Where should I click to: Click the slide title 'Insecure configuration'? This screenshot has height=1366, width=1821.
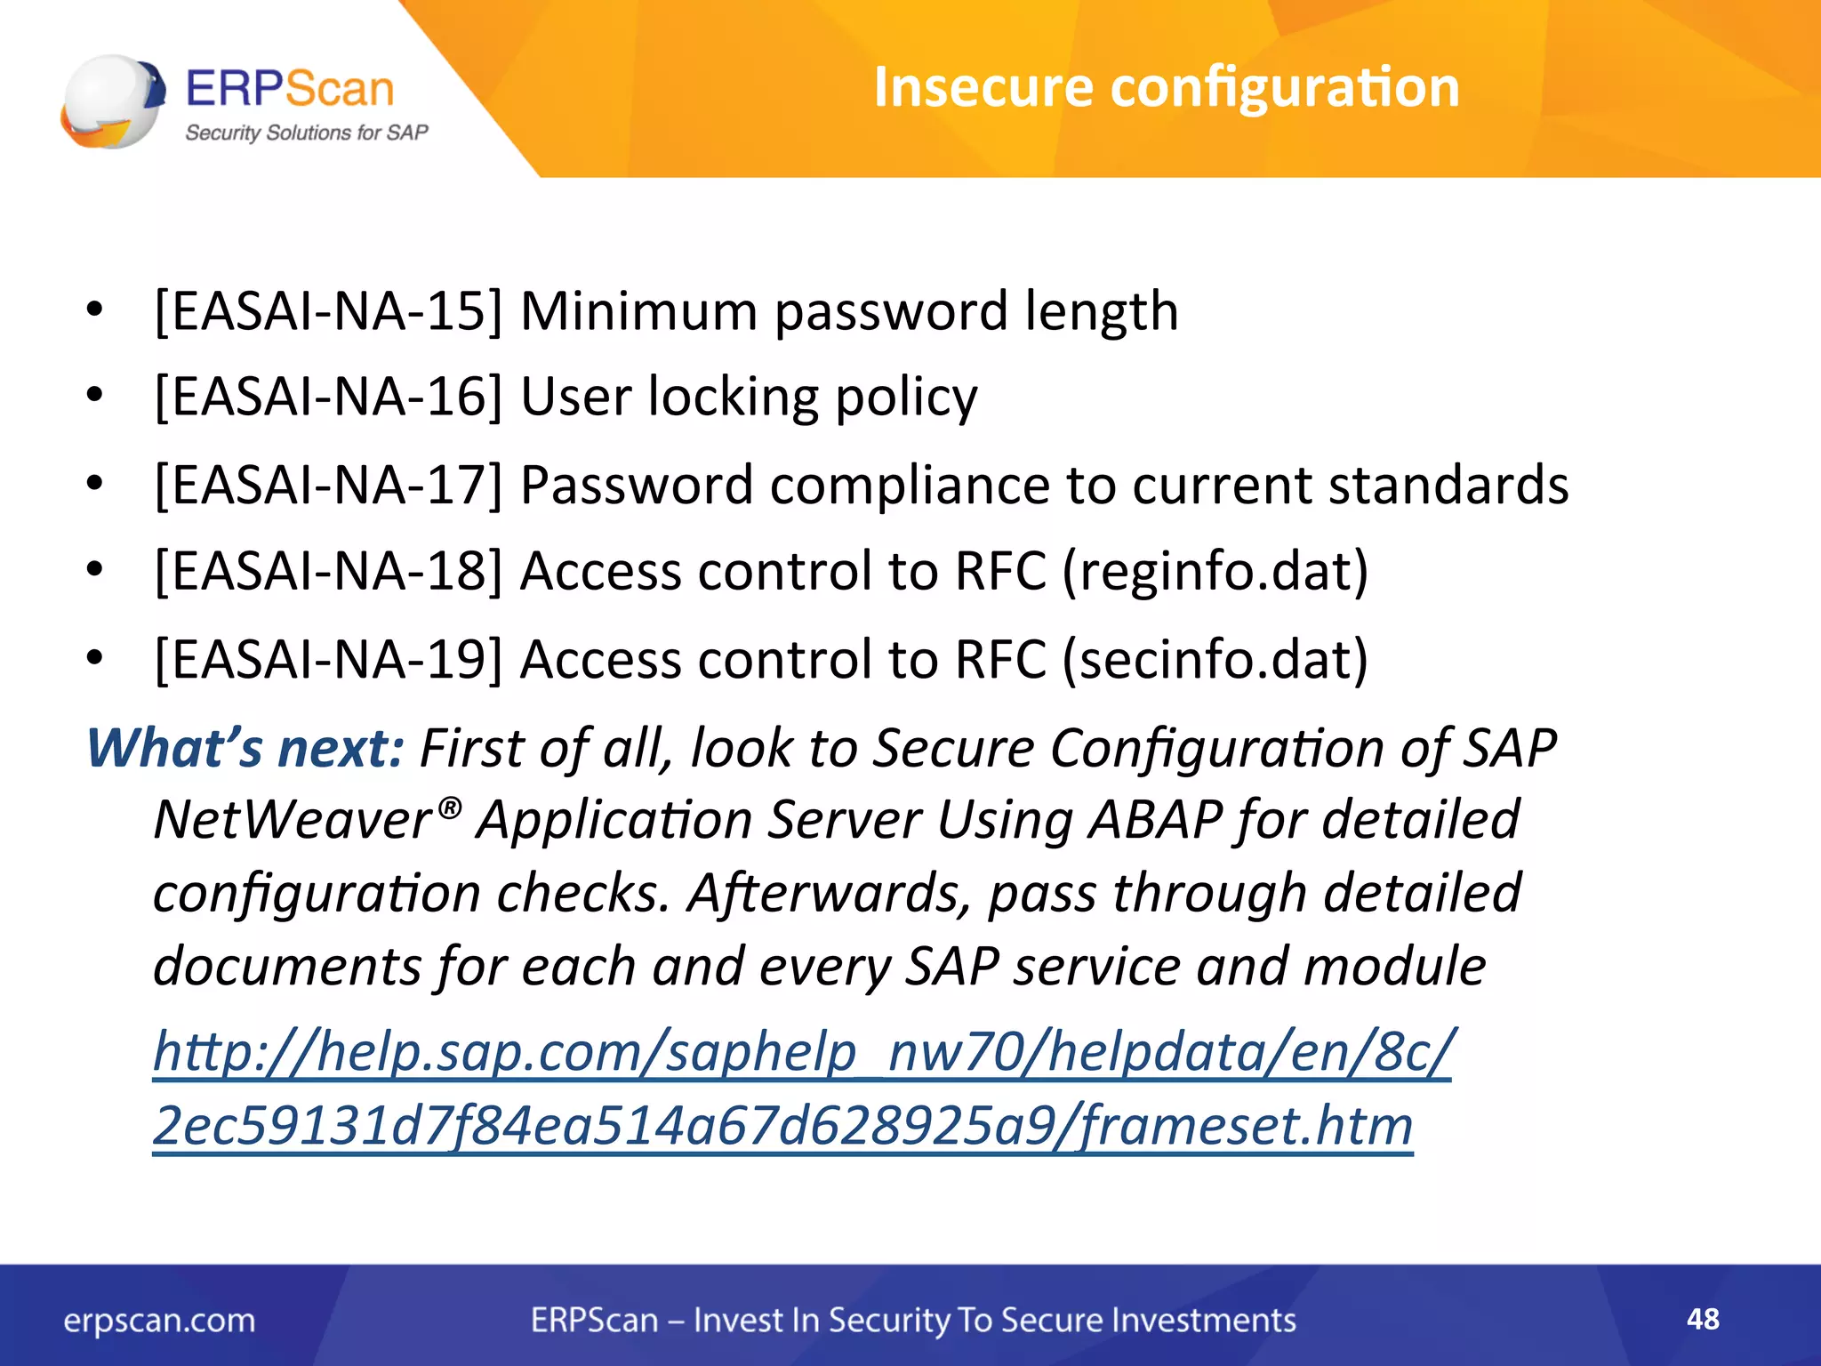[1166, 87]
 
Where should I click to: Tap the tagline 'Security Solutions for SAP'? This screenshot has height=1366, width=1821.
[306, 133]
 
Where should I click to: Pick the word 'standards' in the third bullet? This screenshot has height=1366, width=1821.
[1448, 486]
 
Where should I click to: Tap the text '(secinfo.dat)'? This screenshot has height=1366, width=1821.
[1215, 660]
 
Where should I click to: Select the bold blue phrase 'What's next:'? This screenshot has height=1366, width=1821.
[245, 748]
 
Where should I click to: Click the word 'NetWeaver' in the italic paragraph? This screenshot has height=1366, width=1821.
[293, 820]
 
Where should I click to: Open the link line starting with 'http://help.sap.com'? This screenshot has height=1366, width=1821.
[800, 1052]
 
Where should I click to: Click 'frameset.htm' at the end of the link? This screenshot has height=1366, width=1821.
[1245, 1126]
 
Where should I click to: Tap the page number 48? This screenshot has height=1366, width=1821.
[1703, 1319]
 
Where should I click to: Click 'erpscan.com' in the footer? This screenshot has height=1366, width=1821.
[159, 1321]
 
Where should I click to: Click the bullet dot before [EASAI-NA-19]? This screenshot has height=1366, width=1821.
[95, 659]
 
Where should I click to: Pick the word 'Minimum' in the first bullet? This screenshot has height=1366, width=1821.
[638, 311]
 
